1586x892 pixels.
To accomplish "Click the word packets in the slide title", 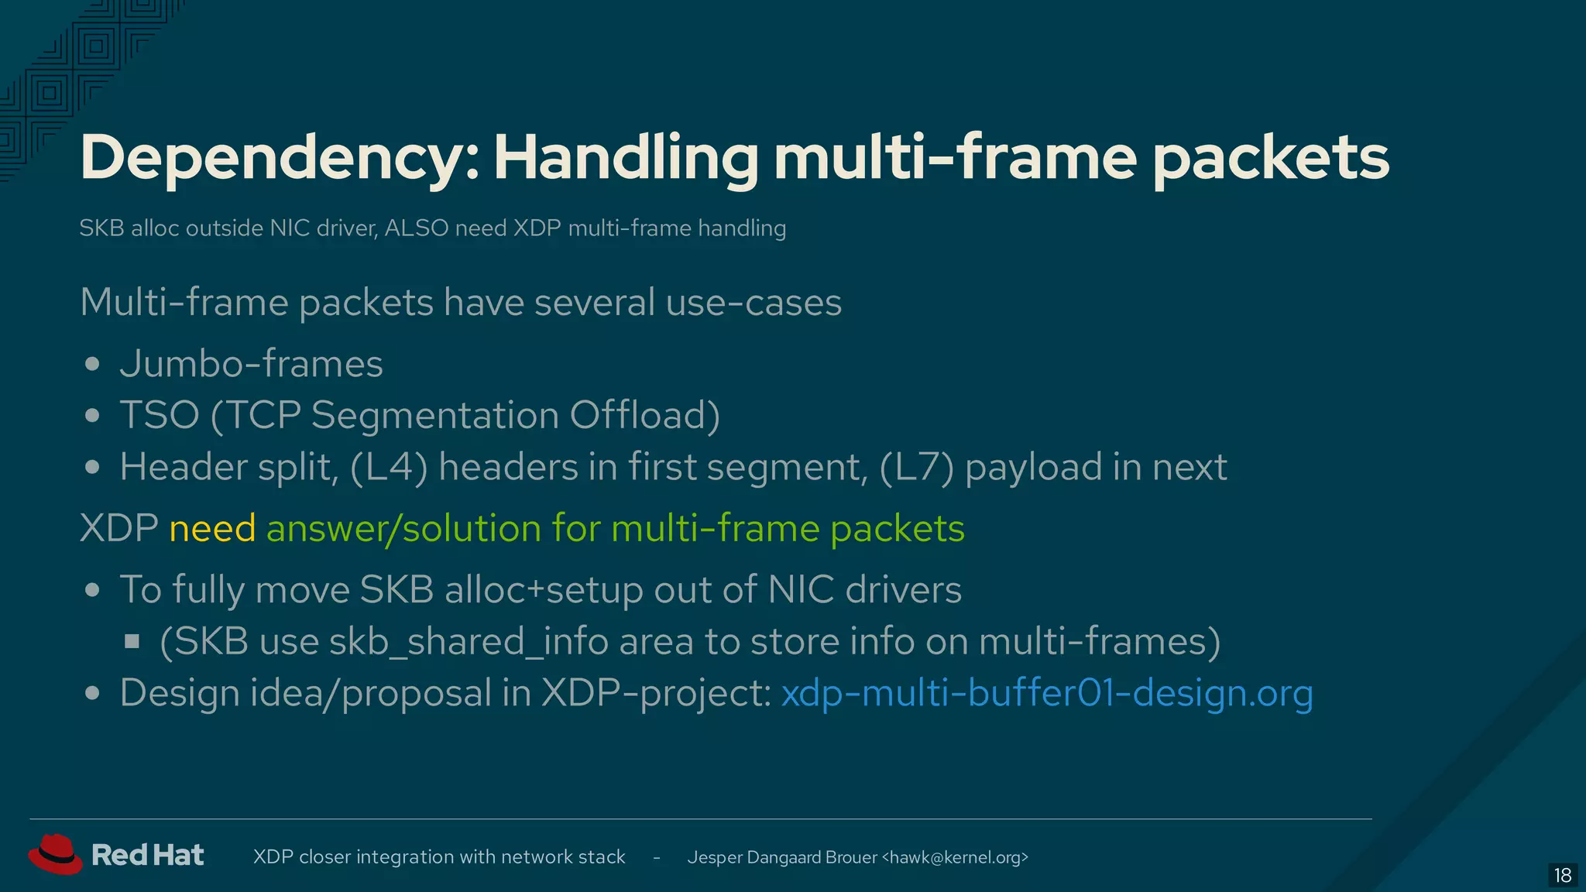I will [x=1271, y=159].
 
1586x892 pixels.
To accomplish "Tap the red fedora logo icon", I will [x=55, y=854].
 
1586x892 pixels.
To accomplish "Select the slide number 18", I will [x=1562, y=875].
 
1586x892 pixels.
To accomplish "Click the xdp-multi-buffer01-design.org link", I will [x=1047, y=692].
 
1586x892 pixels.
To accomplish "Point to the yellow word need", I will [x=212, y=528].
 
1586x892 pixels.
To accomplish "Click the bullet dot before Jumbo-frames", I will [x=93, y=364].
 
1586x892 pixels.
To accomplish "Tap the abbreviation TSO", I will [x=160, y=415].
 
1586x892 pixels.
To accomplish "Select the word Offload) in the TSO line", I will [x=645, y=415].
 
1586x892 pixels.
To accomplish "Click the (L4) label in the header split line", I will [x=389, y=467].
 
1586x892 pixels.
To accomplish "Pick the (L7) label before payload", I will [x=917, y=467].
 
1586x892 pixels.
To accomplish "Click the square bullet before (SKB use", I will [x=132, y=641].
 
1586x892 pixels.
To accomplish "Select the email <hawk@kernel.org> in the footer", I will [x=955, y=857].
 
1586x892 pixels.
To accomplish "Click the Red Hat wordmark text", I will [x=147, y=855].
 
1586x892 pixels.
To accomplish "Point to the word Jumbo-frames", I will [x=252, y=364].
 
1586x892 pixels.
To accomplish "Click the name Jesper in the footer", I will [x=714, y=857].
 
